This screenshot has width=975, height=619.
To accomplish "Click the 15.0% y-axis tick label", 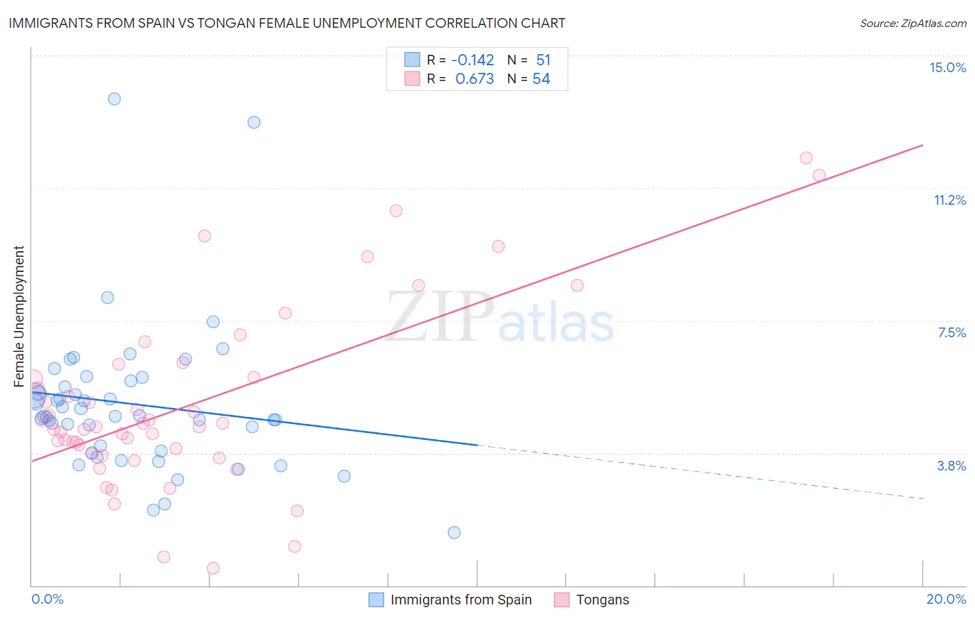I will coord(947,67).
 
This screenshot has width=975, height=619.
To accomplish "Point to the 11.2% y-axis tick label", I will coord(949,200).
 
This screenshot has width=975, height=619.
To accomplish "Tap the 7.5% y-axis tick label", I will coord(951,332).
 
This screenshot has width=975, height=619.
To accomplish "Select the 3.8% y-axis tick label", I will coord(951,466).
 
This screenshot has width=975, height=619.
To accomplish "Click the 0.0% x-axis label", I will coord(47,599).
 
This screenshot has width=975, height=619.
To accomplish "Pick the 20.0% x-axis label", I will coord(946,599).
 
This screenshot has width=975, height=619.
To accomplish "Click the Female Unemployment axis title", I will coord(19,316).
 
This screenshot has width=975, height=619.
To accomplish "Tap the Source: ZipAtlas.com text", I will coord(913,23).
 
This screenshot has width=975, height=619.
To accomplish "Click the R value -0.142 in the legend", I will coord(472,60).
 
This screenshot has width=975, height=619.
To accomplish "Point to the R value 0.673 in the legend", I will coord(474,79).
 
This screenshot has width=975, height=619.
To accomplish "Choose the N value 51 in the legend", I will coord(543,60).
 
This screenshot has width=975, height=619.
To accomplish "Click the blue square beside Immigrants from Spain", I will coord(376,600).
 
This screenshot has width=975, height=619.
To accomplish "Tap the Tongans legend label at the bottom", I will coord(603,600).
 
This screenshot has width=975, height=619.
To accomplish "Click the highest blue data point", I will coord(114,99).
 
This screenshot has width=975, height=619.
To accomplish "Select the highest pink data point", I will coord(806,158).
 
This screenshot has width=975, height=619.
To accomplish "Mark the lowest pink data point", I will coord(213,568).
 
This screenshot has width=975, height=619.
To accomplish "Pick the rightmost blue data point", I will coord(454,532).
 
